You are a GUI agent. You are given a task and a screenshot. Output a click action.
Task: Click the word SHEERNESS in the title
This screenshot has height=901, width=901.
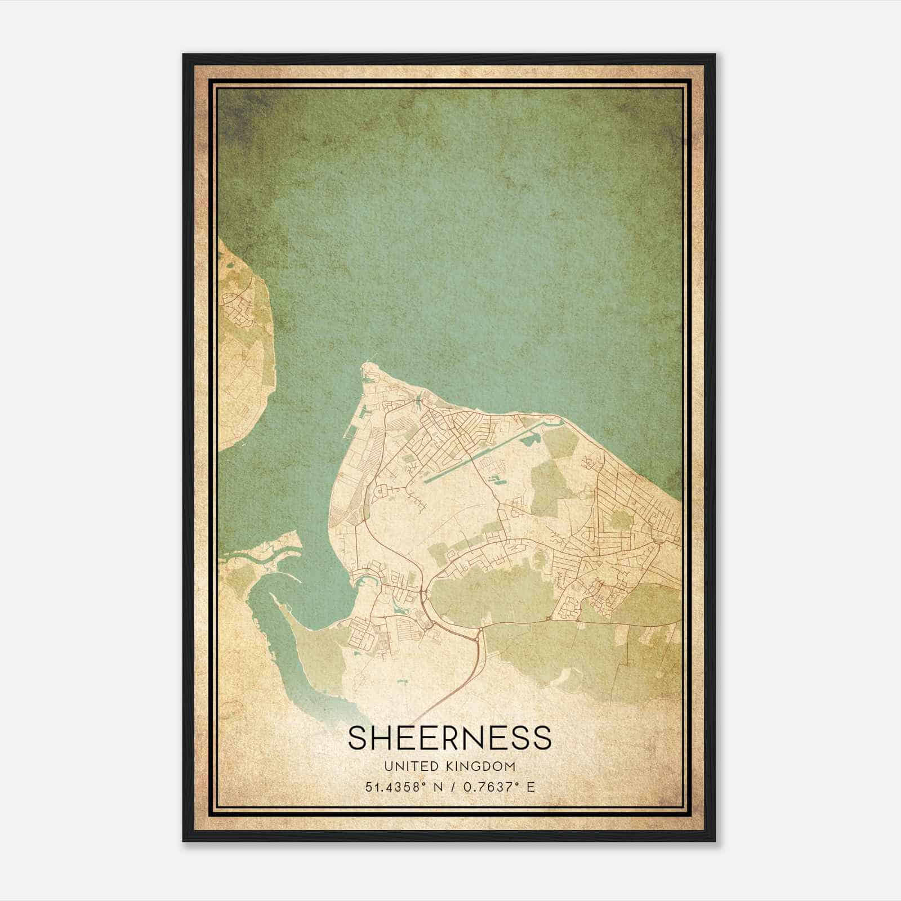(449, 738)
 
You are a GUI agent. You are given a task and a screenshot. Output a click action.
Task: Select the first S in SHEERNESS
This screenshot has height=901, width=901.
(358, 738)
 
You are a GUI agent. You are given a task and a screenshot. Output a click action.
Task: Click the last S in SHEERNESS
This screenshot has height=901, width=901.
(542, 738)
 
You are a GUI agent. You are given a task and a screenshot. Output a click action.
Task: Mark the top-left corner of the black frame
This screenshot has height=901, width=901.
(184, 55)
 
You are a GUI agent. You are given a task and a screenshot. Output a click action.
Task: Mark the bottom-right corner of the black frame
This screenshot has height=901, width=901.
(715, 841)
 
